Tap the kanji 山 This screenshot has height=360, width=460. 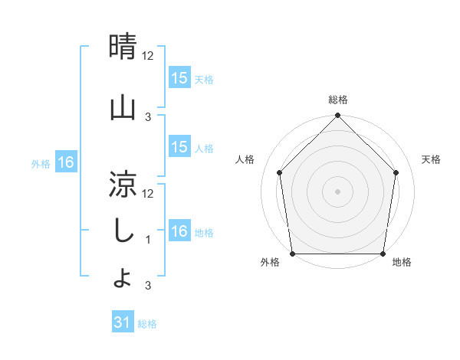123,106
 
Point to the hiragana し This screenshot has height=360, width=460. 123,231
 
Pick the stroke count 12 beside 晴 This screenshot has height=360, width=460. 149,56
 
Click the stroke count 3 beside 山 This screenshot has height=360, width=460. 148,116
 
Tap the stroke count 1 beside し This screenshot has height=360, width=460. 148,239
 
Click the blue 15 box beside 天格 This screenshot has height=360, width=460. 179,78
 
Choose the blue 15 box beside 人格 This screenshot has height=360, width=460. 179,147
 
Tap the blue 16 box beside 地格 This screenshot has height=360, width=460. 179,231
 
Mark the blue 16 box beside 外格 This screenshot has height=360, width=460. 66,162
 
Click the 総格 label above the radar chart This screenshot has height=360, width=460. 338,100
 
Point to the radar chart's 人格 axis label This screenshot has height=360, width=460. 245,159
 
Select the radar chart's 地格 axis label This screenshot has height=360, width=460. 402,263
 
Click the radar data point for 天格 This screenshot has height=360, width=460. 396,172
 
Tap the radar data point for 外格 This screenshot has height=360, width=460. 293,254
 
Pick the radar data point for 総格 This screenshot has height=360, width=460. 338,116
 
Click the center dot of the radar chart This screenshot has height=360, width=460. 338,191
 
